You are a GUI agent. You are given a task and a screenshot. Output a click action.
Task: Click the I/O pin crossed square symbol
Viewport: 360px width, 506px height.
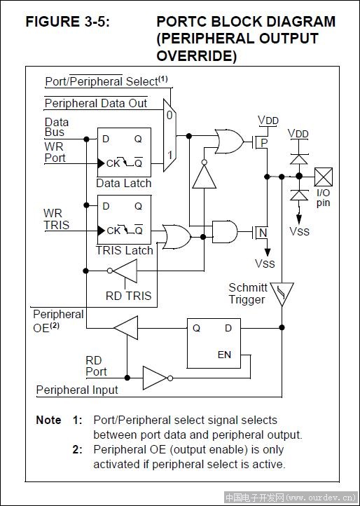click(323, 177)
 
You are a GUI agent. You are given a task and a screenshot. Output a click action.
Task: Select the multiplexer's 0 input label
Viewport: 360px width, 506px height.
click(169, 115)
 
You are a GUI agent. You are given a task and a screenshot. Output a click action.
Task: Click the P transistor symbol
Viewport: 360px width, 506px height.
click(261, 142)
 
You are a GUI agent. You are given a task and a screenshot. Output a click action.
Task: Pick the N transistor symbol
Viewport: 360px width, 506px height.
click(261, 232)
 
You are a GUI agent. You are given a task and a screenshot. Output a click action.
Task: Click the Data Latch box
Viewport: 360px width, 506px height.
click(124, 152)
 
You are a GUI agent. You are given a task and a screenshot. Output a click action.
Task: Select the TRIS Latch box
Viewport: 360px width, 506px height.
click(124, 220)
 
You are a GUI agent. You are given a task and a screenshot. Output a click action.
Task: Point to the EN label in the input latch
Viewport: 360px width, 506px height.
click(224, 355)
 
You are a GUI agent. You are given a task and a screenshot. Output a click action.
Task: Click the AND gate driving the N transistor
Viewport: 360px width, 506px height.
click(225, 232)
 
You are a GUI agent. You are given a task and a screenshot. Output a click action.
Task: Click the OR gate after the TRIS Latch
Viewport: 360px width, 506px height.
click(176, 237)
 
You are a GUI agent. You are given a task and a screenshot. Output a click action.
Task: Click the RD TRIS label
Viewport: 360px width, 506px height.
click(128, 296)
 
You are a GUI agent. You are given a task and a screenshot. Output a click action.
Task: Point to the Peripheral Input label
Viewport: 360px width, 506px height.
click(77, 390)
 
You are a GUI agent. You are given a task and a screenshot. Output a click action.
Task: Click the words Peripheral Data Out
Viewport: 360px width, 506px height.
click(96, 103)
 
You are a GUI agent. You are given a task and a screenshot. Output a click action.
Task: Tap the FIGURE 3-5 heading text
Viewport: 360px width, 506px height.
click(68, 22)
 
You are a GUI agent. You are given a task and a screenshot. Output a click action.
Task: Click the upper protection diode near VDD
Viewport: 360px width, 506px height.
click(299, 159)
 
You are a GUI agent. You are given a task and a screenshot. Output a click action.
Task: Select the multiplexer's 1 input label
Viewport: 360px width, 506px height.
click(169, 155)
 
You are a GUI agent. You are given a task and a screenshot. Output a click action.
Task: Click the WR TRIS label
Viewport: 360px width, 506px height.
click(56, 219)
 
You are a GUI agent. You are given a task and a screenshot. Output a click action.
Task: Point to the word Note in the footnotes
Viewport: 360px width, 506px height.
click(48, 420)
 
